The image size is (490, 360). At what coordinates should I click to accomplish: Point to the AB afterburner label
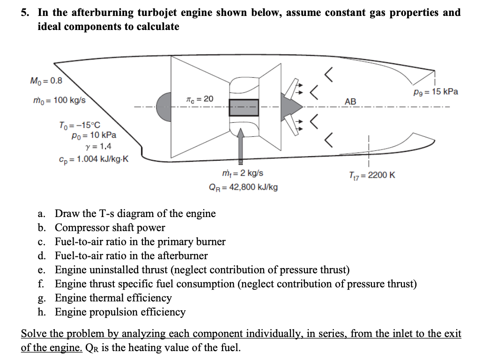coord(350,102)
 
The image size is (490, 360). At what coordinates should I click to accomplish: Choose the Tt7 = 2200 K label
coord(372,175)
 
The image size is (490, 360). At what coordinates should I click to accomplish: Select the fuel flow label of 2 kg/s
coord(243,173)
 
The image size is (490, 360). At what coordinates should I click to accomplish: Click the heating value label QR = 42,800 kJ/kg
coord(243,187)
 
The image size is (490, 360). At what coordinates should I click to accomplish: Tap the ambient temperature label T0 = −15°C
coord(79,126)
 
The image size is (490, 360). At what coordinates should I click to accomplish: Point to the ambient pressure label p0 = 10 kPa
coord(94,135)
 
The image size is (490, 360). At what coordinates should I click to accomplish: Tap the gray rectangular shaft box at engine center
coord(244,107)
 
